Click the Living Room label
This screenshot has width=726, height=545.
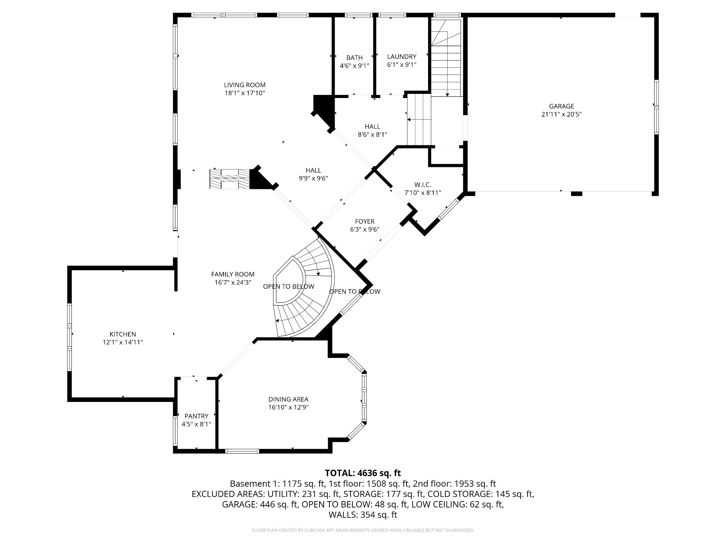point(245,85)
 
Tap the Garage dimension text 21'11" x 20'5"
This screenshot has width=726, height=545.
point(561,114)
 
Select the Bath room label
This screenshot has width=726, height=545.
point(354,58)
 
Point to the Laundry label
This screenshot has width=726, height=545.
point(402,57)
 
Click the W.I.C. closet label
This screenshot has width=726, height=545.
point(423,185)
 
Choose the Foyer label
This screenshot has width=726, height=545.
point(365,221)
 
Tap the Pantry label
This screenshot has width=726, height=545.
point(196,416)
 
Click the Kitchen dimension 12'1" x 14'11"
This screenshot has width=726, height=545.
point(123,343)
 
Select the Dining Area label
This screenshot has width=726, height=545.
point(288,399)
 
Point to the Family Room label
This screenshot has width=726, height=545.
point(233,274)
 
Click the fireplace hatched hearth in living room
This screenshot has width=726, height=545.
point(230,179)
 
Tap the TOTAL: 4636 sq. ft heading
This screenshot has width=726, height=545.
point(363,473)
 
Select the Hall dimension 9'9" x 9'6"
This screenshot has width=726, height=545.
point(313,178)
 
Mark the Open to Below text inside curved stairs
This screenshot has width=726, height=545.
point(289,287)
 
